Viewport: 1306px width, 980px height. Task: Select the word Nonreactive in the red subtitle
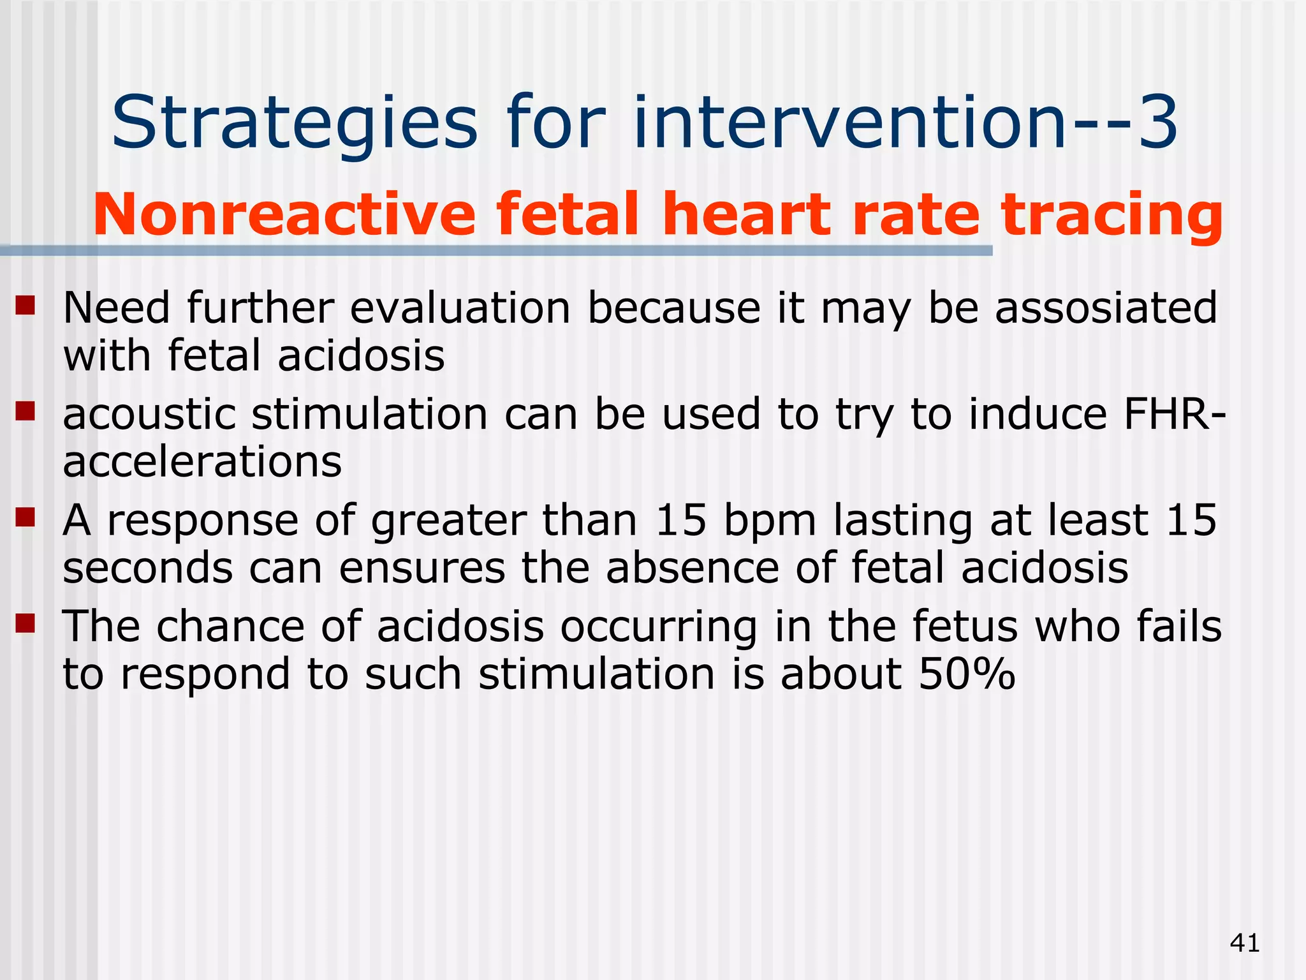pos(284,215)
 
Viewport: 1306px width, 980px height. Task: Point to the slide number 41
pos(1245,942)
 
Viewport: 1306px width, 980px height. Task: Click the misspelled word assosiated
pos(1106,308)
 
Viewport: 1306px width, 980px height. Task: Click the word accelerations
pos(202,461)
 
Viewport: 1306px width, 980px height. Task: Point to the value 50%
pos(967,674)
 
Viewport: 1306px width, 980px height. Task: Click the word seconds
pos(147,568)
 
